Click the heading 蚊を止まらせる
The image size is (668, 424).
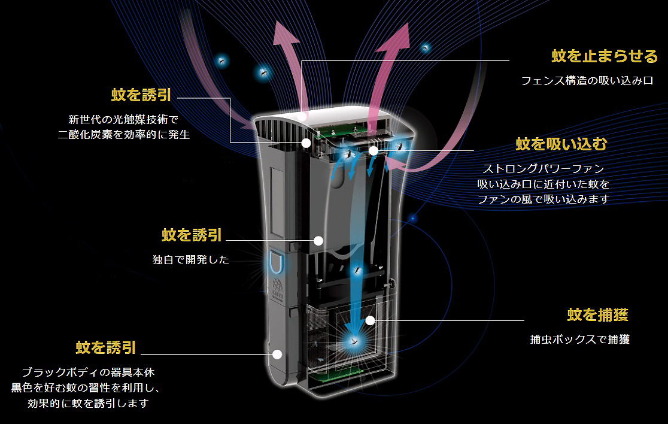tap(604, 56)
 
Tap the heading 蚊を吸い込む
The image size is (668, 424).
tap(561, 144)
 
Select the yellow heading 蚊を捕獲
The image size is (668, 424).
tap(597, 314)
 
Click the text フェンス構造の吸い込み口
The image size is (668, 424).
tap(587, 80)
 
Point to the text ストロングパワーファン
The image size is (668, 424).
tap(543, 169)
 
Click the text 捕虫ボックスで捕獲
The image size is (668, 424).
tap(579, 340)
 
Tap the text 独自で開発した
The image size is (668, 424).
tap(191, 260)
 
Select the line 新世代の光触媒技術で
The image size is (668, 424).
tap(124, 119)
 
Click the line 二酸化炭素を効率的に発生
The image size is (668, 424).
tap(124, 135)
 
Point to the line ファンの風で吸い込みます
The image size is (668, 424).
tap(543, 199)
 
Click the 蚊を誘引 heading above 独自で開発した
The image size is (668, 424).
tap(192, 235)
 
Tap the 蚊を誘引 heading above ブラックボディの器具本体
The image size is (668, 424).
tap(106, 347)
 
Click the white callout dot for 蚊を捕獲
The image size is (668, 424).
tap(371, 321)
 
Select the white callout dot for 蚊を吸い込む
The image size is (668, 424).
tap(374, 151)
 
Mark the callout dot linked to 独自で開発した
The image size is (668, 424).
tap(318, 241)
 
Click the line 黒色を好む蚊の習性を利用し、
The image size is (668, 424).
tap(86, 387)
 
